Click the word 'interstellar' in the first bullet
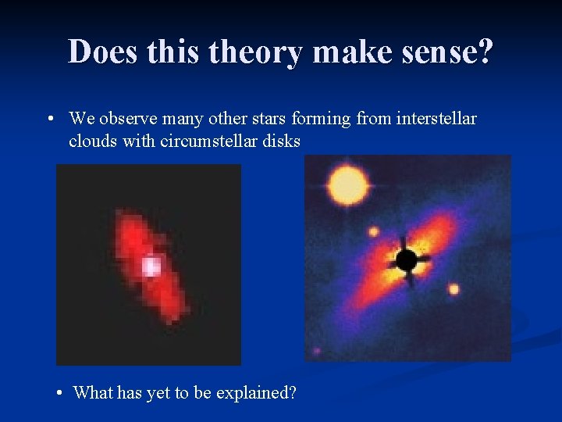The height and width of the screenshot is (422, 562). [x=438, y=119]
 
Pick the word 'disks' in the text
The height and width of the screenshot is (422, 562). [x=279, y=141]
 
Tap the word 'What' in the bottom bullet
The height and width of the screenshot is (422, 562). [x=93, y=392]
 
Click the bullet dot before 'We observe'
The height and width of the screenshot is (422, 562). [x=49, y=120]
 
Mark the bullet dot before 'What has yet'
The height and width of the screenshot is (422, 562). [x=61, y=392]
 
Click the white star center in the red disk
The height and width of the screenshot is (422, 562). [x=151, y=266]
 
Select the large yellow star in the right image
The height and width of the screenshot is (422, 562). [x=348, y=186]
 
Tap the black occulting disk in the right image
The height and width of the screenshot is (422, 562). [x=406, y=259]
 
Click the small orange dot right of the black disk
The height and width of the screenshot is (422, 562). [x=454, y=289]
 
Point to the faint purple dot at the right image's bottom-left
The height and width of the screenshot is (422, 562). [x=316, y=351]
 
